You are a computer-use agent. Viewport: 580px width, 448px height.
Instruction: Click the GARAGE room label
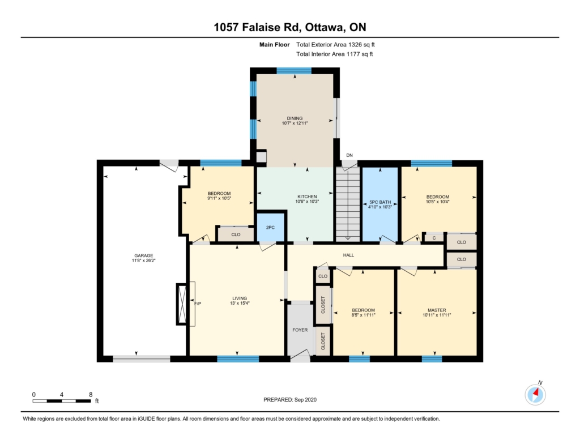tap(143, 255)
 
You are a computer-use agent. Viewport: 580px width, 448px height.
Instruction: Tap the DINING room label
tap(295, 118)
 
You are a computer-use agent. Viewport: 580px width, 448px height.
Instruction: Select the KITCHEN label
tap(307, 197)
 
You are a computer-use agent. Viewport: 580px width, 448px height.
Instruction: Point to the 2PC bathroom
tap(270, 228)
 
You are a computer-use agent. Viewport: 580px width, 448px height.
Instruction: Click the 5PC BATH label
tap(380, 202)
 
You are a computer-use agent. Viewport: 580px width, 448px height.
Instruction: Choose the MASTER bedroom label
tap(437, 310)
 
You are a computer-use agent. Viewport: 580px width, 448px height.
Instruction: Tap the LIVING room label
tap(240, 298)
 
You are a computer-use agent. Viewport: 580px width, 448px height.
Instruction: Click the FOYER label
tap(300, 330)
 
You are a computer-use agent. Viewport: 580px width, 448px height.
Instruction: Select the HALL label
tap(348, 255)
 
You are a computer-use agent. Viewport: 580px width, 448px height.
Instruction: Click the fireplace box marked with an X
tap(182, 304)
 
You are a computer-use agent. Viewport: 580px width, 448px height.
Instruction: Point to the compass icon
tap(535, 394)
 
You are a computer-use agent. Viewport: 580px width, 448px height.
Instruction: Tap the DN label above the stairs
tap(349, 155)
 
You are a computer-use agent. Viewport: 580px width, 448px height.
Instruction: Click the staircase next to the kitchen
tap(348, 204)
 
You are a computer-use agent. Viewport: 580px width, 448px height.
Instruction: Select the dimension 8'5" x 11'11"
tap(363, 315)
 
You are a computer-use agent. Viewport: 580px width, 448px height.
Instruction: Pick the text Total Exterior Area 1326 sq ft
tap(335, 45)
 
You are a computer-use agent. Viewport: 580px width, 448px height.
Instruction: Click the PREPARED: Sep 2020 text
tap(290, 399)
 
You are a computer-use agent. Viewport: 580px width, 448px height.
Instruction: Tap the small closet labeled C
tap(434, 238)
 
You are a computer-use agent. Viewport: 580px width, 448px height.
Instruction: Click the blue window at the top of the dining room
tap(294, 71)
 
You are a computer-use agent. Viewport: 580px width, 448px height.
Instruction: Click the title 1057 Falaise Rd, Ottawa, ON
tap(290, 27)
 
